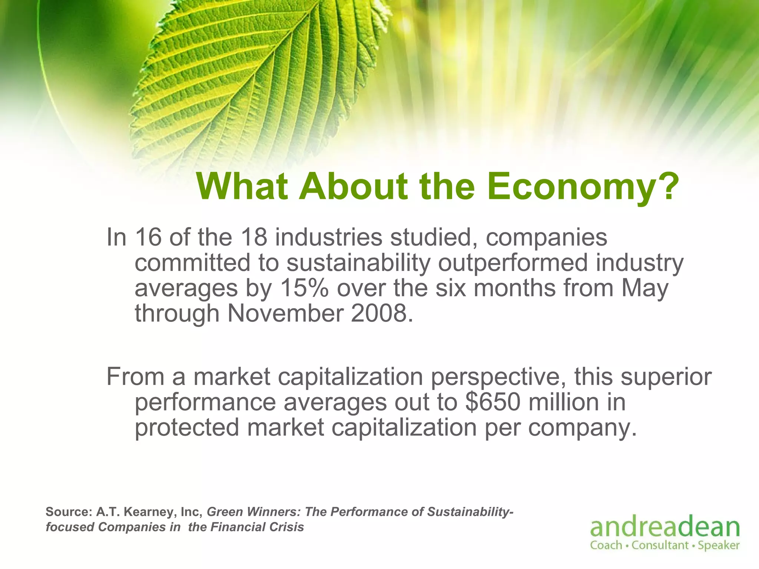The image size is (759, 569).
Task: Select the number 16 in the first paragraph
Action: tap(148, 237)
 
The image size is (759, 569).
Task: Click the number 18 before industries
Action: tap(254, 237)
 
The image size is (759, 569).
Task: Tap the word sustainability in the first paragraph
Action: tap(358, 263)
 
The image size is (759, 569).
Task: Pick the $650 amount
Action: tap(493, 402)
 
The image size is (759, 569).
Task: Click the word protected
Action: tap(187, 428)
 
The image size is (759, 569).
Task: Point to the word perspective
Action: tap(498, 377)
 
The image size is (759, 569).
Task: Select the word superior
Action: tap(666, 377)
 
